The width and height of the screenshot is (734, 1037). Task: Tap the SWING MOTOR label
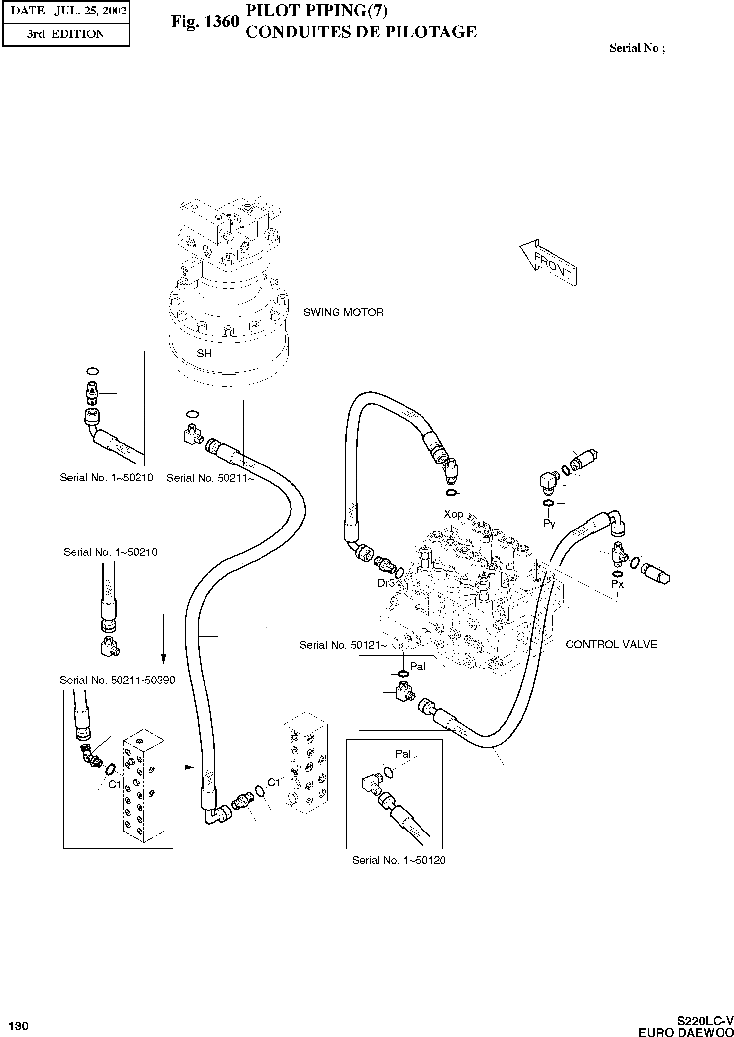tap(343, 312)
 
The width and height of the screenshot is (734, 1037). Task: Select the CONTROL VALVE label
tap(611, 644)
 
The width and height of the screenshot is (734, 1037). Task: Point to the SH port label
tap(204, 353)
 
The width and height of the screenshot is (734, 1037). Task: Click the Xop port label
tap(453, 514)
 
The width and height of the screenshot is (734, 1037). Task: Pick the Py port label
tap(549, 523)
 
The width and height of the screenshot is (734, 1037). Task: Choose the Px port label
tap(617, 584)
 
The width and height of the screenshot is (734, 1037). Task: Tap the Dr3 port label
tap(386, 583)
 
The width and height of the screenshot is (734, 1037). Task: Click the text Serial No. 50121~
tap(343, 645)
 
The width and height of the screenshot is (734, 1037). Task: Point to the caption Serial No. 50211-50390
tap(118, 680)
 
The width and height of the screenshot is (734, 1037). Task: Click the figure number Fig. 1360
tap(205, 21)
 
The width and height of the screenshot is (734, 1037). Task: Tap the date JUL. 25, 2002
tap(91, 11)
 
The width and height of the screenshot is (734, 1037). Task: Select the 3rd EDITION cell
tap(66, 34)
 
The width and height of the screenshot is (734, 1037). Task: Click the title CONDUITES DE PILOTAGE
tap(361, 32)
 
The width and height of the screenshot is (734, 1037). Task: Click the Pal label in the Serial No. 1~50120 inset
tap(403, 754)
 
